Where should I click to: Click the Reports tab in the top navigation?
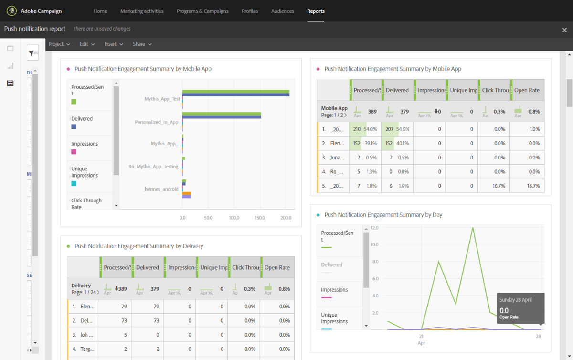pos(316,11)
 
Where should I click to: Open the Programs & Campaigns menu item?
pos(202,11)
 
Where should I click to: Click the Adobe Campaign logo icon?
pos(11,11)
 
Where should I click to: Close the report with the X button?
pos(564,30)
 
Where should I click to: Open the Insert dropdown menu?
pos(114,44)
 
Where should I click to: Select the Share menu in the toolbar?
pos(142,44)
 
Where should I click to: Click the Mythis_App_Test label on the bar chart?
pos(162,99)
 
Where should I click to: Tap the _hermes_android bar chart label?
pos(161,189)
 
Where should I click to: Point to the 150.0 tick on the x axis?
pos(260,218)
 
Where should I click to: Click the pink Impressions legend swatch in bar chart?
pos(74,152)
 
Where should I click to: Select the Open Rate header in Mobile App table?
pos(527,90)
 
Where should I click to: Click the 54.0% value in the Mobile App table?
pos(371,129)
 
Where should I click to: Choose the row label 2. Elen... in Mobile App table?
pos(333,143)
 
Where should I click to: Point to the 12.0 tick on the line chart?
pos(374,228)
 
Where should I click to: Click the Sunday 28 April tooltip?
pos(520,308)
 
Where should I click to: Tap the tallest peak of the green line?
pos(473,228)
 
